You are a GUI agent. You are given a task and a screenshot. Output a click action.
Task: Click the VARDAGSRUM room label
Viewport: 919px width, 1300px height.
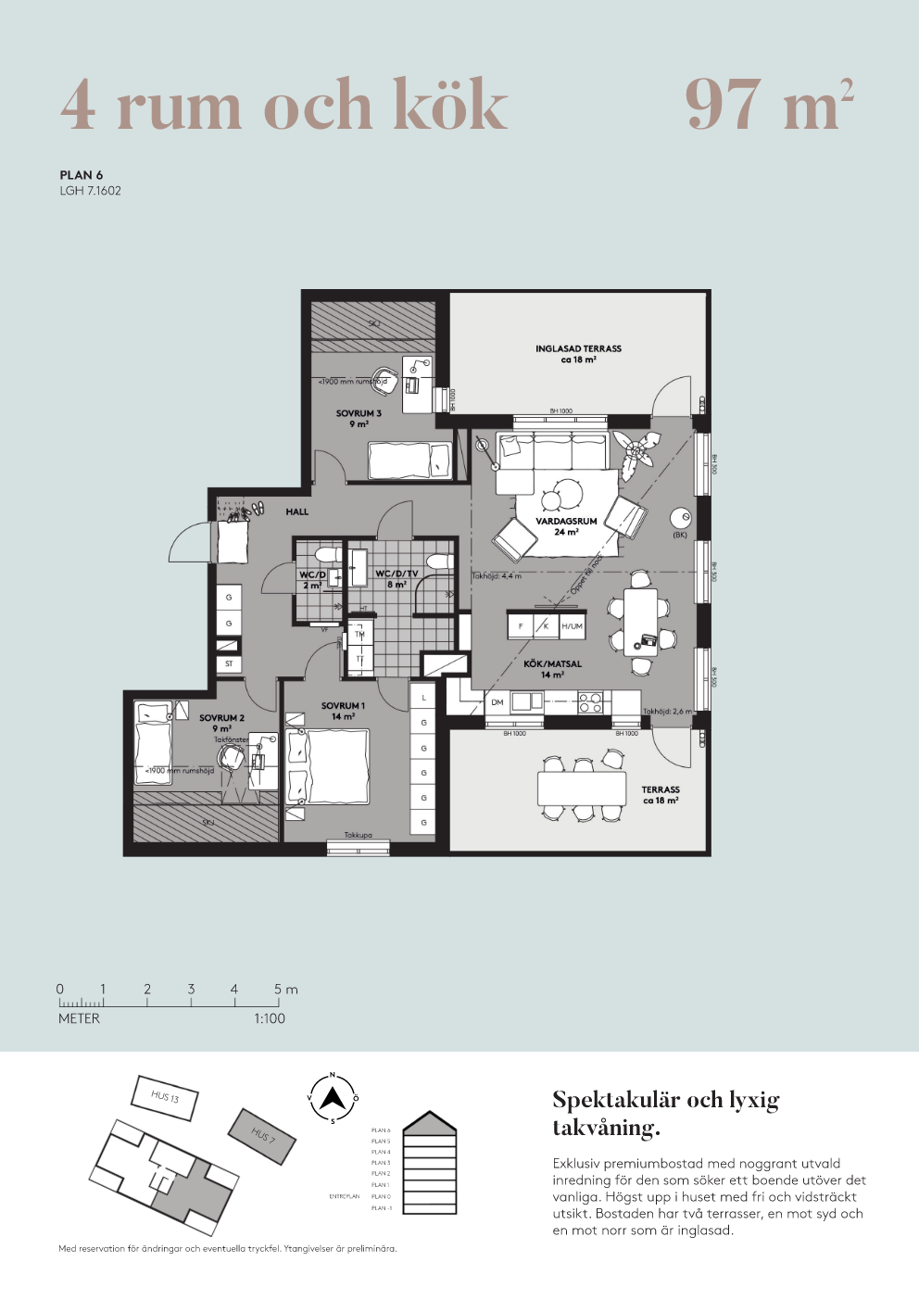(566, 522)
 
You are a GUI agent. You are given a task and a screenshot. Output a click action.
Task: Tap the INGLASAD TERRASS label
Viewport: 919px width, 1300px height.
(578, 349)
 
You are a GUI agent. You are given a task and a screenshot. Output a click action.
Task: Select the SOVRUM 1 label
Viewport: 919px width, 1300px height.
(343, 706)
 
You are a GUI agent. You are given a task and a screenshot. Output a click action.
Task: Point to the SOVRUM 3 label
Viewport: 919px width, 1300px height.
(359, 414)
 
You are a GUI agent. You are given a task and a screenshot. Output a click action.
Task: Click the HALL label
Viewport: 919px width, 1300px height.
(296, 512)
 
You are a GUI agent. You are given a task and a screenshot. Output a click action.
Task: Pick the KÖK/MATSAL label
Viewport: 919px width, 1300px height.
(552, 664)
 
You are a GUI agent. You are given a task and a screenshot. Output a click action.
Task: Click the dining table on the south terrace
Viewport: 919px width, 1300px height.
(582, 789)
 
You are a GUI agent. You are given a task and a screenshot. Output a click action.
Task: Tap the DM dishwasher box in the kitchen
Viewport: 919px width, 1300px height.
(497, 702)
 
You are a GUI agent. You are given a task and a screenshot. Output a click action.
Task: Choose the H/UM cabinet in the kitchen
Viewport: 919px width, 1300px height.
(572, 626)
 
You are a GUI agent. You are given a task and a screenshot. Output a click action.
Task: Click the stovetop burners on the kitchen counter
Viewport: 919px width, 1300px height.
(590, 702)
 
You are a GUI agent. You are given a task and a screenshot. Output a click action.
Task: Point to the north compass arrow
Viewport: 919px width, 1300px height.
(333, 1099)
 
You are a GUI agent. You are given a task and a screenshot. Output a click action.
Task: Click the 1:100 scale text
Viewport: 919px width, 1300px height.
(270, 1018)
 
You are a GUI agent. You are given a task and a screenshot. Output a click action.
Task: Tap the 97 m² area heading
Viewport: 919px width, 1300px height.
(768, 105)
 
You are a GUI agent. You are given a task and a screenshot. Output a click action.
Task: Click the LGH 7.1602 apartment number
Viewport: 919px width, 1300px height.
(91, 191)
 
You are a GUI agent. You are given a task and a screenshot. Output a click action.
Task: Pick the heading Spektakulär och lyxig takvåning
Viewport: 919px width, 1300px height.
(665, 1113)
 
